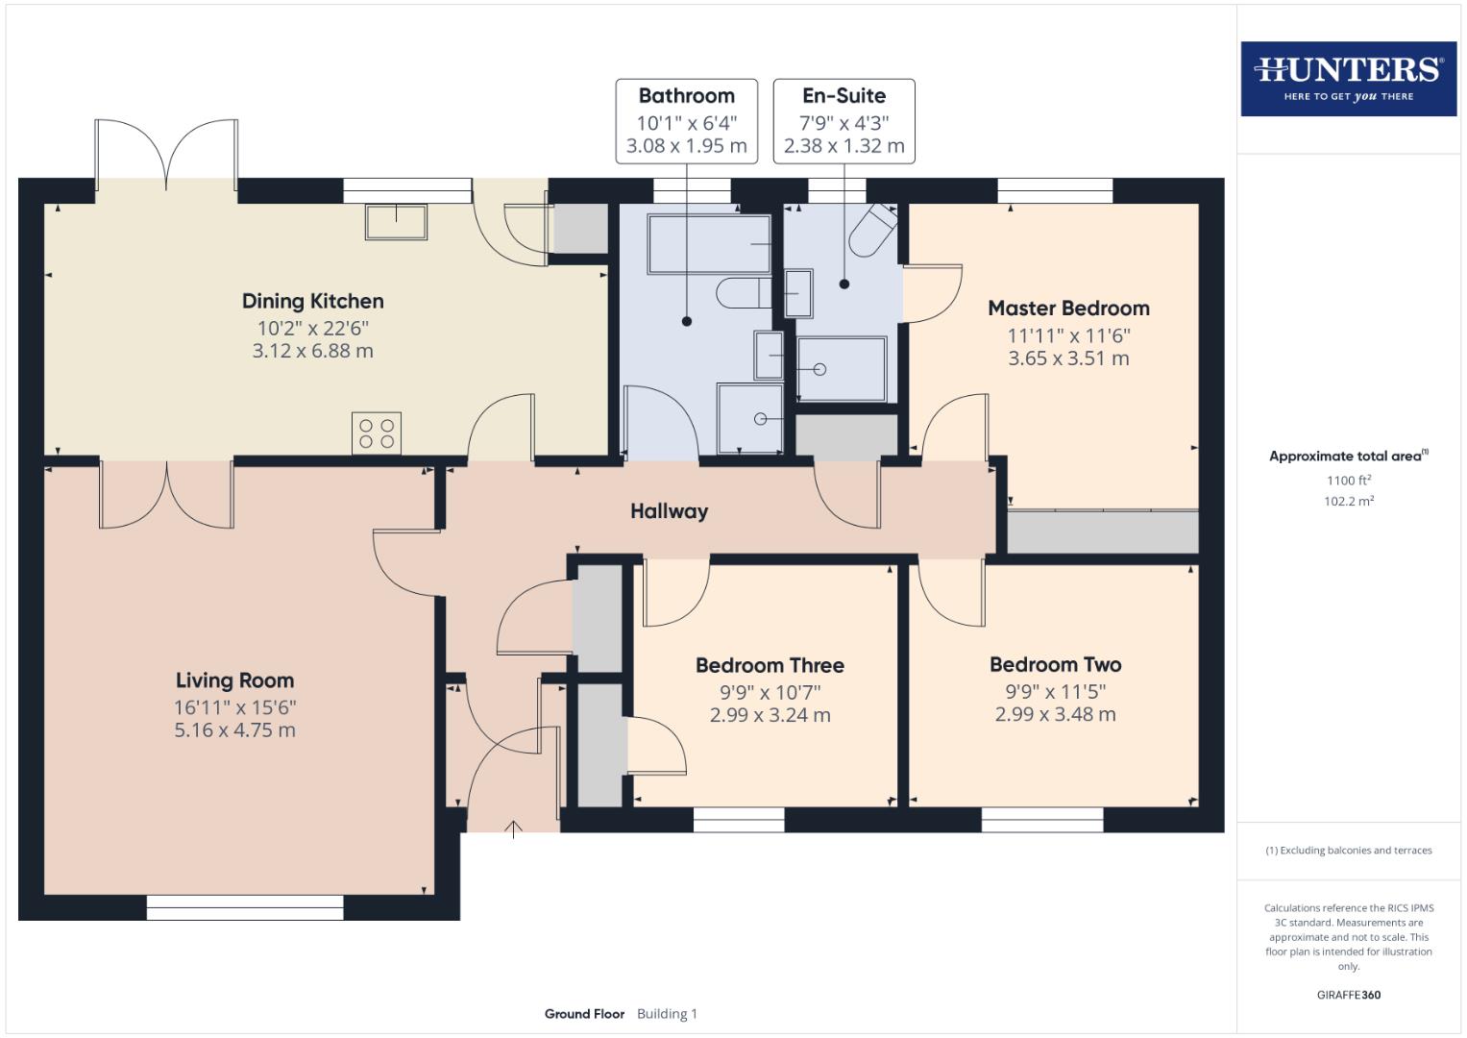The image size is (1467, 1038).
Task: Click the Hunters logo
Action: pos(1348,78)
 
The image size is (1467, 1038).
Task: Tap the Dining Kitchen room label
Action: pos(312,302)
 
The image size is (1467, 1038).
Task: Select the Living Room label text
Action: pos(234,680)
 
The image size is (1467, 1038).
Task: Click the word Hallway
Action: pos(669,511)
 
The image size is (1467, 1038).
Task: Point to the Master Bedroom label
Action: pos(1068,309)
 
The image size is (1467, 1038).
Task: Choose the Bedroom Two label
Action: pos(1055,665)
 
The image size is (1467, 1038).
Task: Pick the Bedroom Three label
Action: pos(770,665)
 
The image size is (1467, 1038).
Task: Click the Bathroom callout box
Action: pos(686,121)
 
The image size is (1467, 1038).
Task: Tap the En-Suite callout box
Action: pos(844,121)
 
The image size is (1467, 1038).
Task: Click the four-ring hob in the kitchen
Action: pos(377,432)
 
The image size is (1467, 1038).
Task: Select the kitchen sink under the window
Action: pos(396,221)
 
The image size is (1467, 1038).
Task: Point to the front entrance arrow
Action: pos(514,828)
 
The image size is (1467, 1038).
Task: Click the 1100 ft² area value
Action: pos(1348,481)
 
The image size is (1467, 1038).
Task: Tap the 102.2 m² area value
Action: pos(1348,501)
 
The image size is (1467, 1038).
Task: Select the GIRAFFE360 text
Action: pos(1348,995)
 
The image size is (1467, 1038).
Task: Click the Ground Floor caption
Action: pos(584,1014)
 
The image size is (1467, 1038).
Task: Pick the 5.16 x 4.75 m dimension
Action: pos(234,730)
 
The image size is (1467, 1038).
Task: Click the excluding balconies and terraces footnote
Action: pos(1348,851)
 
